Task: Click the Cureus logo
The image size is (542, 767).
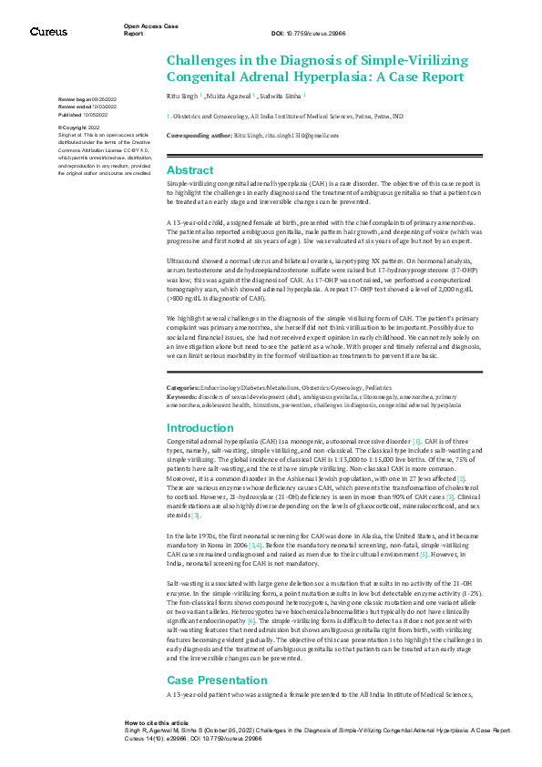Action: [48, 31]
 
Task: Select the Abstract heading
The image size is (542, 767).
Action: [189, 170]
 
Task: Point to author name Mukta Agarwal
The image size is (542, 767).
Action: [228, 96]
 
